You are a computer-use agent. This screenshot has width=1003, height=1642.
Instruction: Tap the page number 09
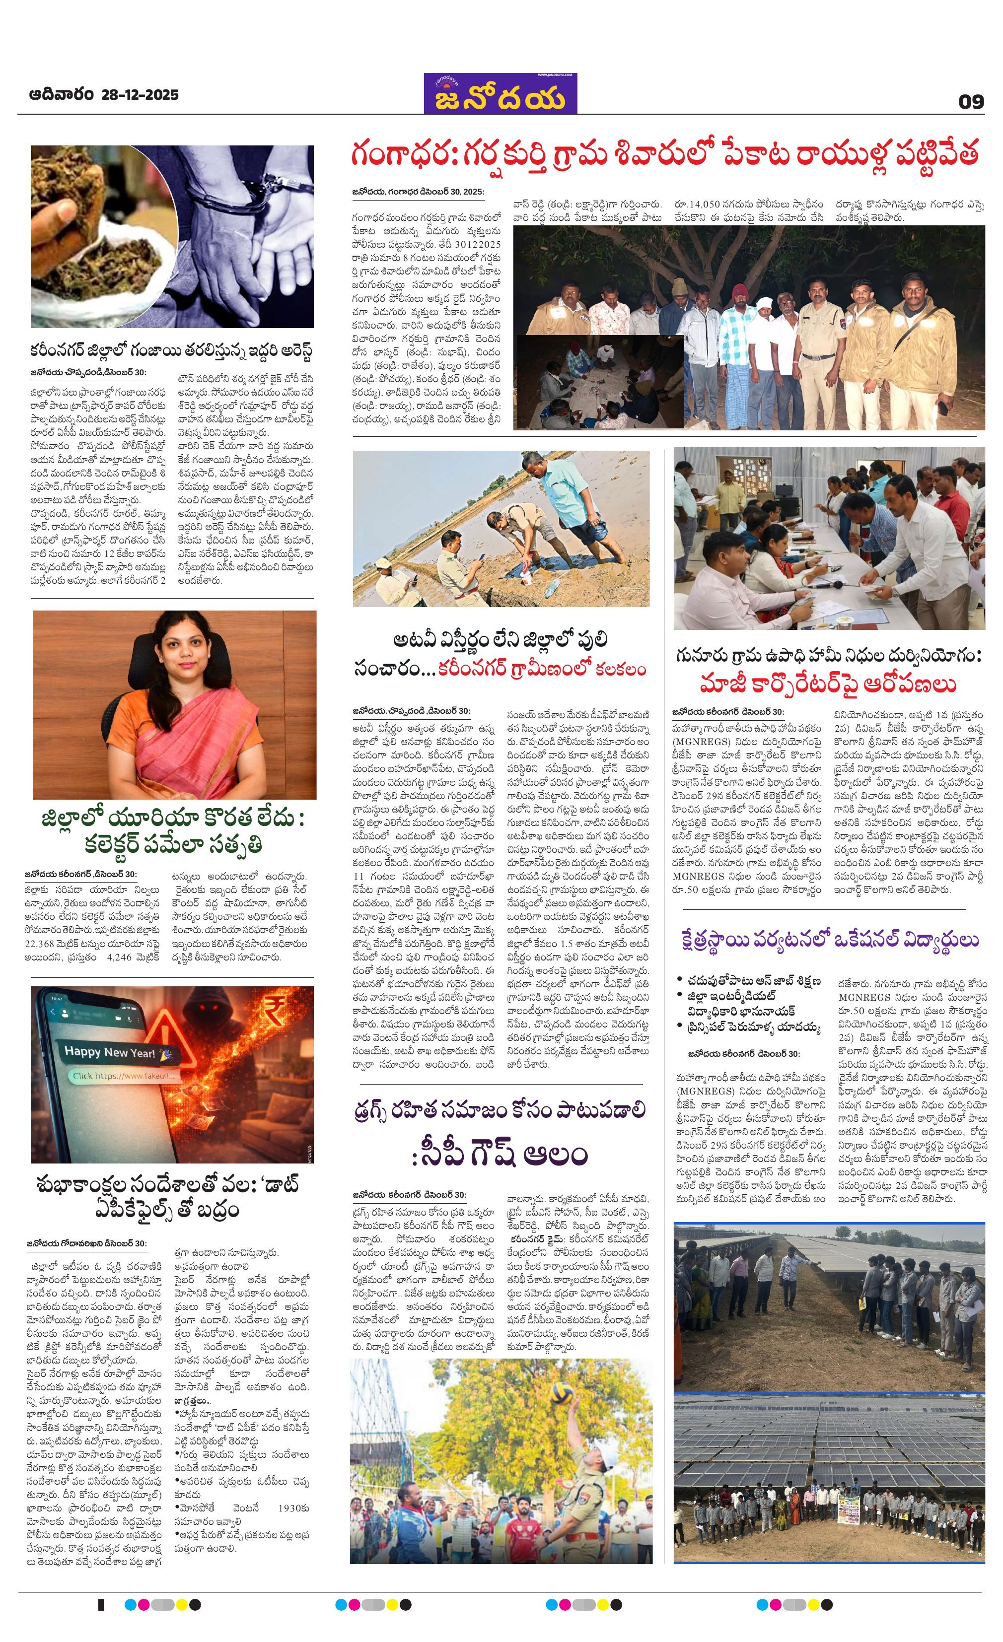click(971, 101)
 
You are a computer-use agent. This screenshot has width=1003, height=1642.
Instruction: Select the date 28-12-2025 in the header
click(140, 95)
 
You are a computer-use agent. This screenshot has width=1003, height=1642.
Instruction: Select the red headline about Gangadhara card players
click(664, 155)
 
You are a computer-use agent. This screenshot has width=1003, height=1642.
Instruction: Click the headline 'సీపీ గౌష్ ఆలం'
click(500, 1155)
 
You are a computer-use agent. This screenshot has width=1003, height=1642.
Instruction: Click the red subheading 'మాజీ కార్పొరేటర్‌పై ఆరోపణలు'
click(828, 684)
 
